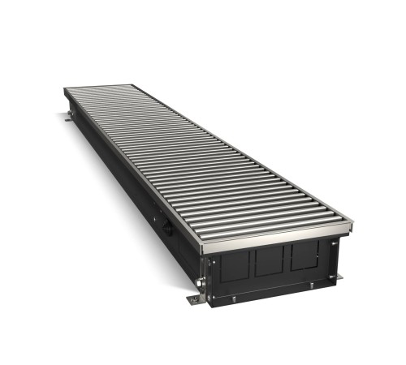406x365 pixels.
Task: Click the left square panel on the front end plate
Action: coord(236,265)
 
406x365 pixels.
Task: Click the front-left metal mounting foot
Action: coord(196,299)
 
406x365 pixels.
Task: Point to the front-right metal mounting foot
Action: coord(338,277)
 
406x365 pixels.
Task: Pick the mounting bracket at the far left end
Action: coord(68,119)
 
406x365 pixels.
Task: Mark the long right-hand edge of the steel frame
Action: coord(244,146)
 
